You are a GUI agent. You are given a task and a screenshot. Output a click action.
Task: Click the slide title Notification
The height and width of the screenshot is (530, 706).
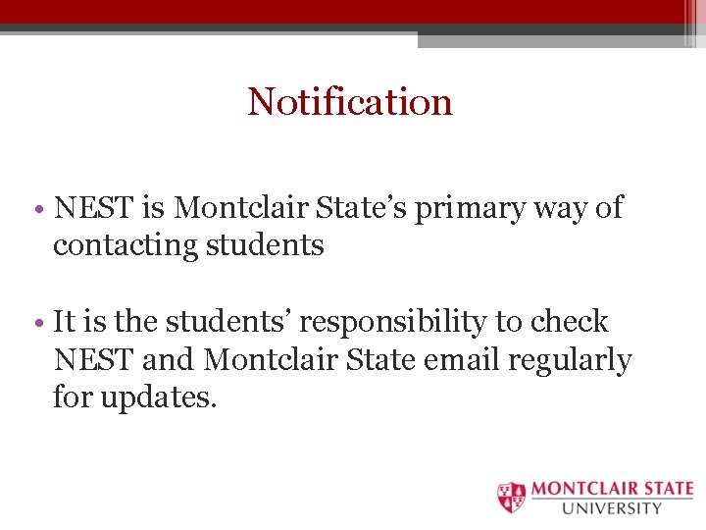coord(350,101)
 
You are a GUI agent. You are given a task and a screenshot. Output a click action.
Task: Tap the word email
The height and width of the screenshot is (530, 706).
coord(462,360)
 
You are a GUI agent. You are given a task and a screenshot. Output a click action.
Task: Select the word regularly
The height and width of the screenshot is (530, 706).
coord(570,361)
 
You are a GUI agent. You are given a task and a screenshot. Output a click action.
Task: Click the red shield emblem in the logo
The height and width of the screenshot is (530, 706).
coord(511,498)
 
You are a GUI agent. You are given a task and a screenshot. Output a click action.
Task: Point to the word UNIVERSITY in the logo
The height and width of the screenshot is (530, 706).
coord(612,508)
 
